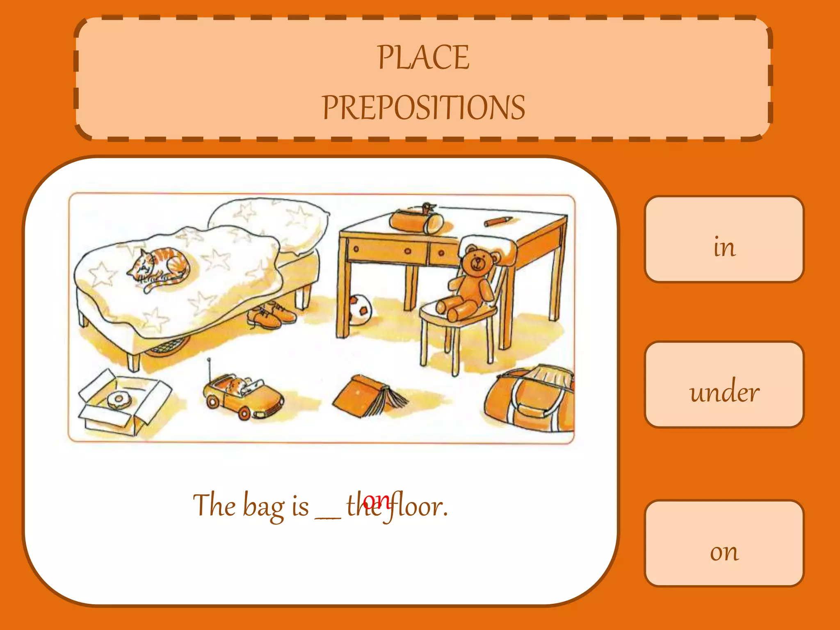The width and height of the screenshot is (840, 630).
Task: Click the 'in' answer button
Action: click(724, 240)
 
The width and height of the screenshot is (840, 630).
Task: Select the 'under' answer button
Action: click(724, 385)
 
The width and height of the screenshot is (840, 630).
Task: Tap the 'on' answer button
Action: click(724, 543)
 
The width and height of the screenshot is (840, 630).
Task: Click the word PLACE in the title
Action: click(423, 58)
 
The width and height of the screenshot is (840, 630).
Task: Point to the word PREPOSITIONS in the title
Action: click(423, 107)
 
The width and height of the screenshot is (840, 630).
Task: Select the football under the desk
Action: click(360, 309)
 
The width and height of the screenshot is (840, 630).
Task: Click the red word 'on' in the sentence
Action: click(377, 499)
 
